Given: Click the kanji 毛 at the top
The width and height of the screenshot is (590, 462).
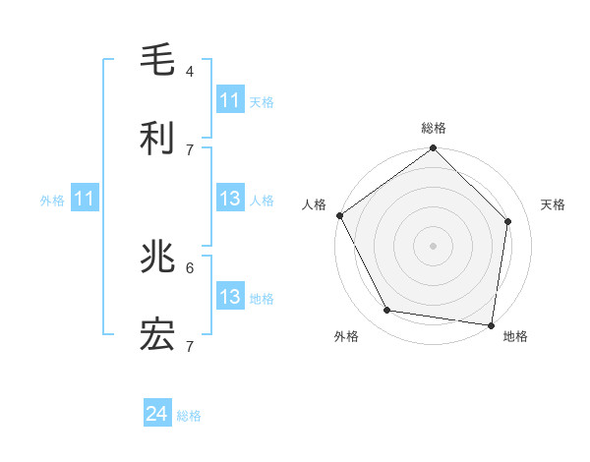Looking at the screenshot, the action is click(x=157, y=62).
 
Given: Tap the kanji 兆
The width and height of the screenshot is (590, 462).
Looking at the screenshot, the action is click(x=157, y=259).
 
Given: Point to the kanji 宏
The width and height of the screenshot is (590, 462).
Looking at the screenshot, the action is click(x=157, y=336).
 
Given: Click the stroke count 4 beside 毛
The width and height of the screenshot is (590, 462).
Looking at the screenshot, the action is click(x=190, y=72).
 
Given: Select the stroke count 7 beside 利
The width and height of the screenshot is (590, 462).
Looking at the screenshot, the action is click(x=190, y=149).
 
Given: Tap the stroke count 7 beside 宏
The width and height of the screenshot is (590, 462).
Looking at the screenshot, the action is click(x=190, y=346).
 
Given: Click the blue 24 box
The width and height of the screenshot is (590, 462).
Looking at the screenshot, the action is click(x=157, y=415).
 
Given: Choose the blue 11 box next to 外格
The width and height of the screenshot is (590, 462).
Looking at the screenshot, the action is click(x=85, y=200).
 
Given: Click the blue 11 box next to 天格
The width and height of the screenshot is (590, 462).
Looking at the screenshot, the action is click(x=230, y=100).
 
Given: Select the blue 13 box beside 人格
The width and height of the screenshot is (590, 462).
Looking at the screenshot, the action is click(x=230, y=200).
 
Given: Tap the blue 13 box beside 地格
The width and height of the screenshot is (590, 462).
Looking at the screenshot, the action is click(x=230, y=297).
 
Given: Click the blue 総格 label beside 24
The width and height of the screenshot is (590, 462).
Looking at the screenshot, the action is click(x=189, y=416).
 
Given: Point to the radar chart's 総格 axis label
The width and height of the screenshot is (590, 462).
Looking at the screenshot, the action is click(x=434, y=128).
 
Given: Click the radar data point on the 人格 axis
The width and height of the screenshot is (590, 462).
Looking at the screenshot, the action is click(x=340, y=215).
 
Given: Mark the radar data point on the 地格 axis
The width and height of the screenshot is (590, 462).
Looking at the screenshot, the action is click(x=491, y=324).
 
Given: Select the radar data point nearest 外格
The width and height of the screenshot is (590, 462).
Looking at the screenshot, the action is click(x=387, y=311).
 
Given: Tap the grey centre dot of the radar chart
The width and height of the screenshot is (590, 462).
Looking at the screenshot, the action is click(x=434, y=245).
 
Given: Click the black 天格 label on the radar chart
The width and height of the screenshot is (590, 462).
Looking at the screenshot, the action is click(x=553, y=204).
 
